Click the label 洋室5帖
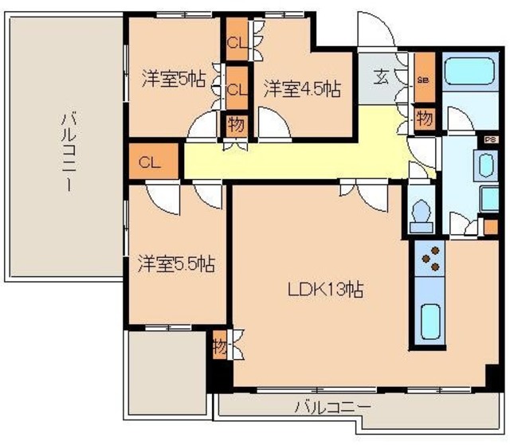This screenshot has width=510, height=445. pos(174,80)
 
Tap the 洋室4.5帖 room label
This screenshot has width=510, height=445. pos(302,88)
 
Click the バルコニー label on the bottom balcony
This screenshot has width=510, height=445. pos(332,407)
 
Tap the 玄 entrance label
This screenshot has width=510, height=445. pos(382,78)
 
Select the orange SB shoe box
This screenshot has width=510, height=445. pos(423,79)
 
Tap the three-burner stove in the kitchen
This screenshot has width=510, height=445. pos(431,258)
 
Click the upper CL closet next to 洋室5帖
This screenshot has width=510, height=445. pos(236,44)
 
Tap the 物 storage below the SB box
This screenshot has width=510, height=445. pos(424,118)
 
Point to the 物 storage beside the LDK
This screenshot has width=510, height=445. pos(220,347)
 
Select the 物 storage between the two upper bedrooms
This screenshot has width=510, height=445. pos(236,125)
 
